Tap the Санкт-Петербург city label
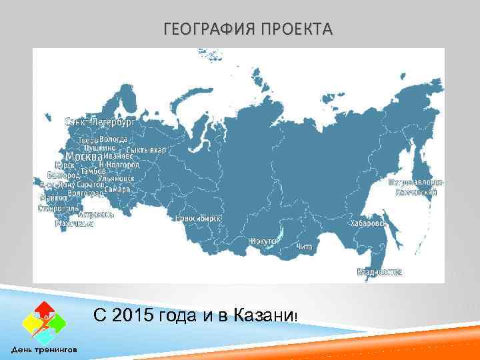click(x=100, y=123)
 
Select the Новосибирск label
click(x=198, y=218)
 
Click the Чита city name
click(x=304, y=247)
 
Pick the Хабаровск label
click(x=369, y=223)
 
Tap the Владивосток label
click(x=379, y=271)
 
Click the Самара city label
click(x=117, y=189)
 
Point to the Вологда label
click(x=114, y=139)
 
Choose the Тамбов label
click(x=93, y=171)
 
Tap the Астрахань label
click(x=96, y=215)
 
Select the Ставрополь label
click(x=59, y=208)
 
